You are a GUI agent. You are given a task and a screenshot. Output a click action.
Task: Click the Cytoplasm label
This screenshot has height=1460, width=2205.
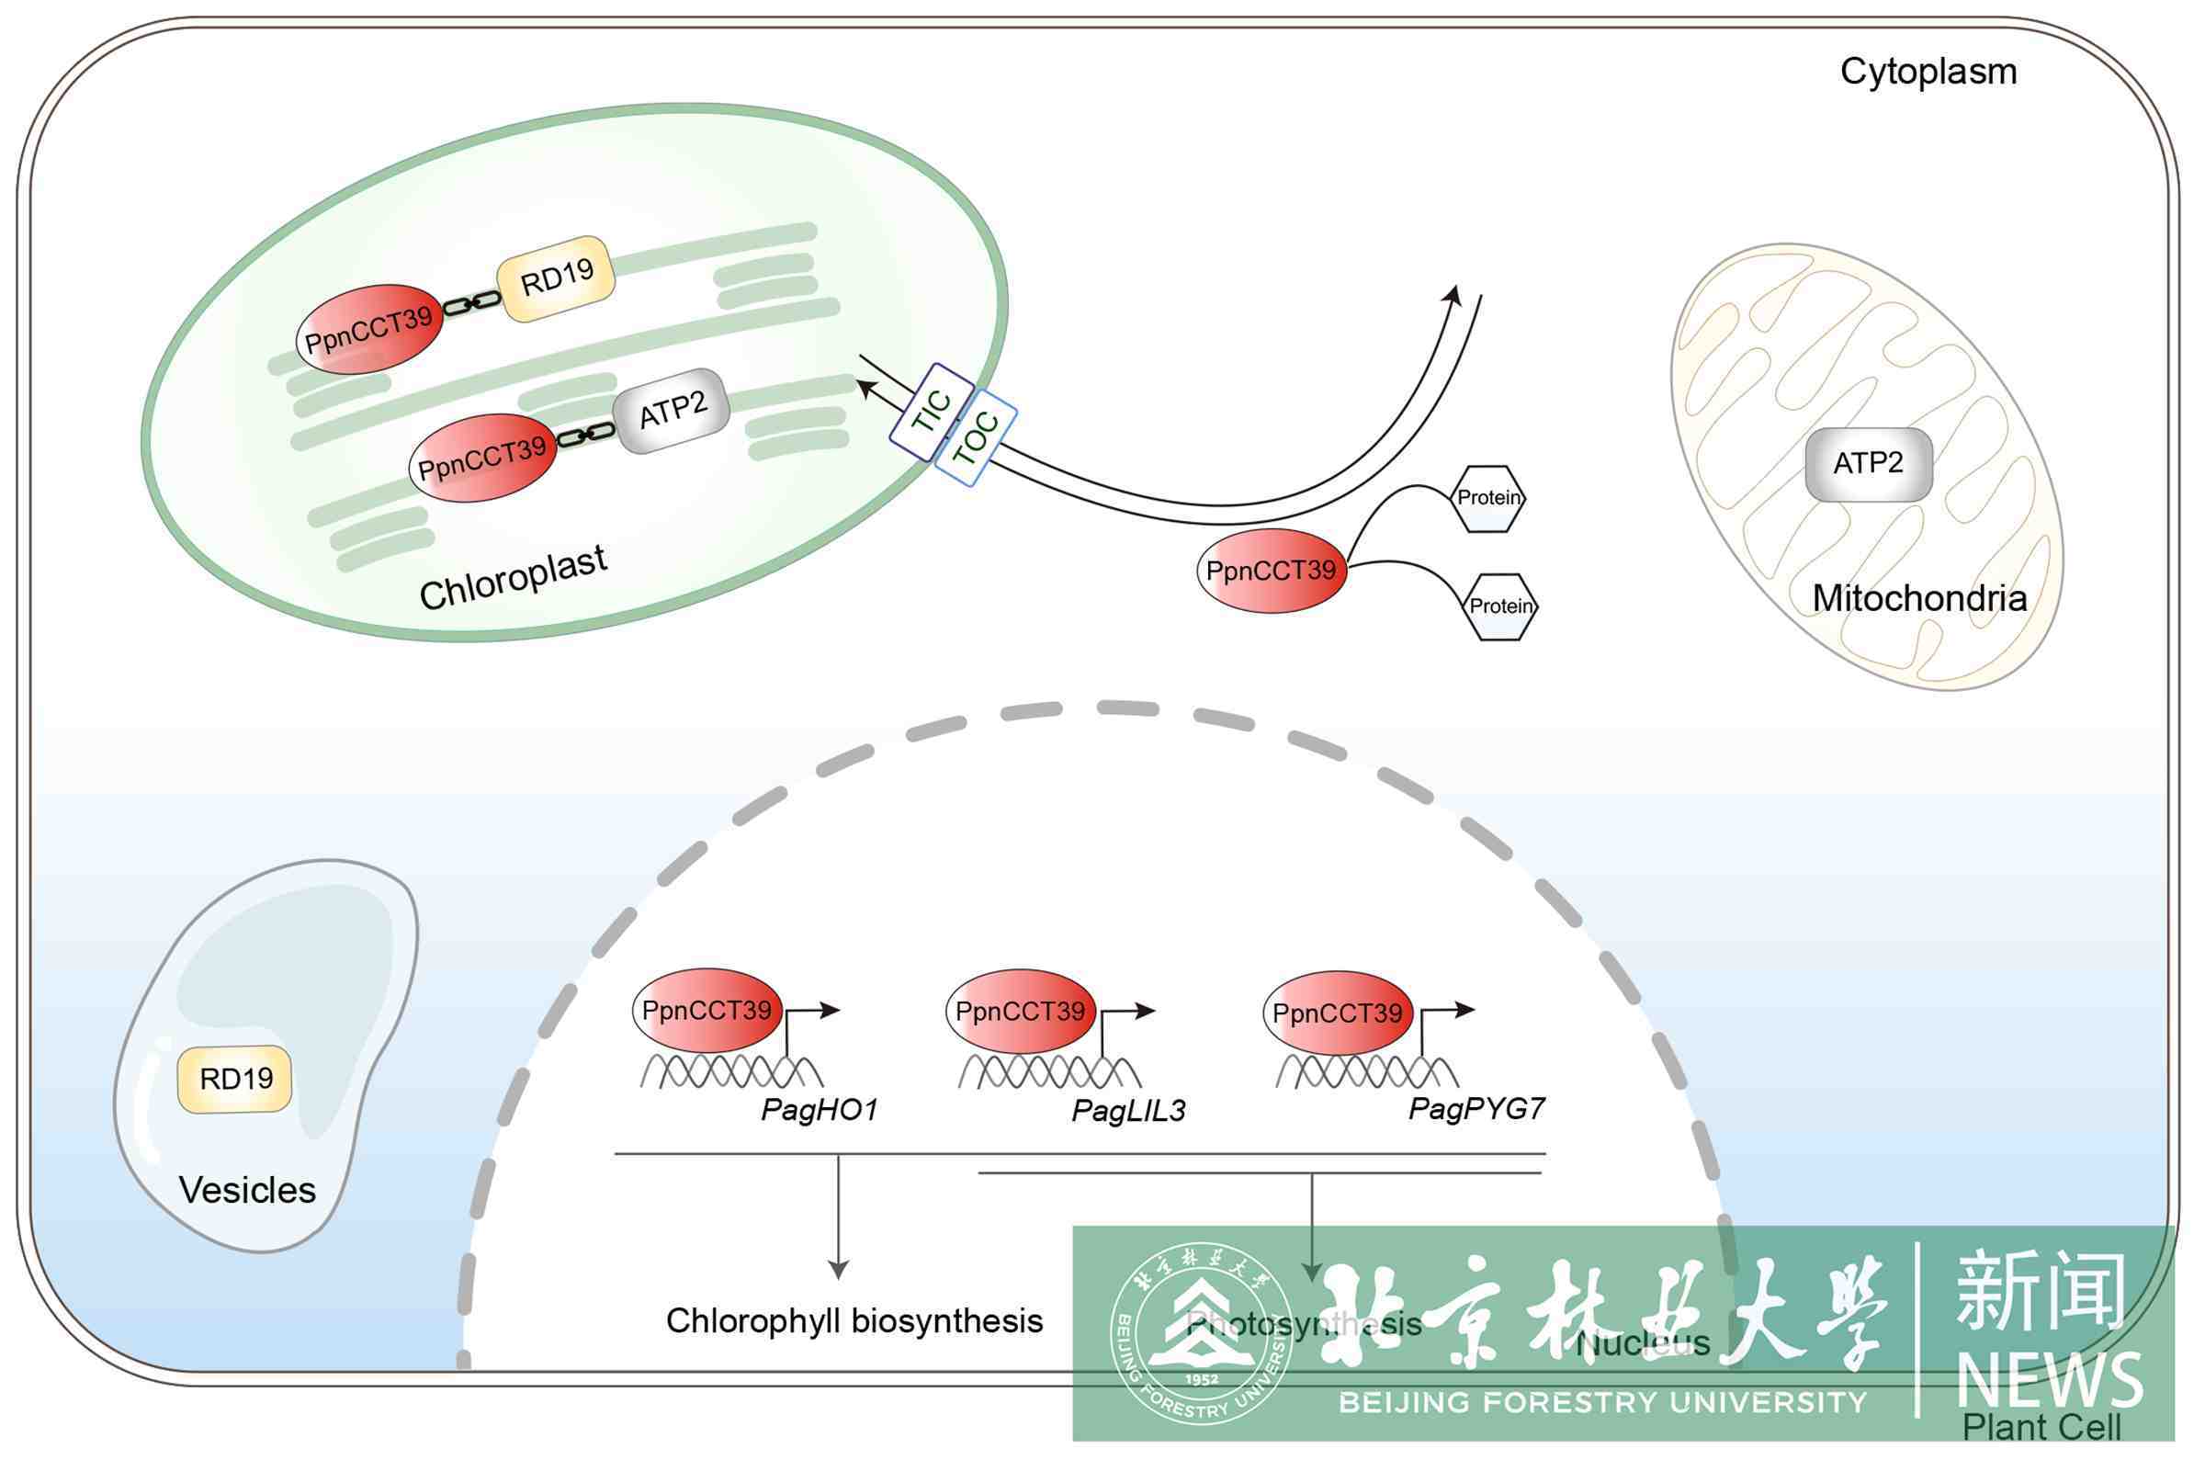[x=1928, y=72]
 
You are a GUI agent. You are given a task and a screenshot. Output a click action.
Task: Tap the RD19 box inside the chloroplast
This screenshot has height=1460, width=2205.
[x=557, y=277]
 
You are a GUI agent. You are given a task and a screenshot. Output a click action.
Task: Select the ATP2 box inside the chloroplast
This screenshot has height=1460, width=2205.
[x=672, y=411]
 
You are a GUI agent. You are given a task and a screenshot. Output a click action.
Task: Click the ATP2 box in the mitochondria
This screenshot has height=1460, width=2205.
[x=1868, y=463]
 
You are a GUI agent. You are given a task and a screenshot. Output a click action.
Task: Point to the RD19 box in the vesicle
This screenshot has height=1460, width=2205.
[x=235, y=1079]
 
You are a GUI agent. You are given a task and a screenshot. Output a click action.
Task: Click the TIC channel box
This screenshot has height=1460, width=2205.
[x=932, y=412]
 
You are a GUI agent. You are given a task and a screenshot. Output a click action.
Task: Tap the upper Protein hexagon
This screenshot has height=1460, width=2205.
[x=1488, y=498]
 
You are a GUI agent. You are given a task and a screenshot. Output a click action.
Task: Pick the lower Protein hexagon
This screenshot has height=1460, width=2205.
[x=1499, y=606]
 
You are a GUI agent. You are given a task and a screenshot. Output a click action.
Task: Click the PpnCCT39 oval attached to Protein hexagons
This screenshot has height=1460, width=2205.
[x=1272, y=570]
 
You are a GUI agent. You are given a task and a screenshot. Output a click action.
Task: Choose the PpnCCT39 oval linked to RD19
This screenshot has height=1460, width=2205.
[x=368, y=329]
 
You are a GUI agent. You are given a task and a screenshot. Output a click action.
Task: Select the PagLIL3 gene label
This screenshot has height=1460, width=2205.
[x=1129, y=1110]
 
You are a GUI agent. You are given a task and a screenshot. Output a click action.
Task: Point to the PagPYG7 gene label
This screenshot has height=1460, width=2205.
[x=1476, y=1108]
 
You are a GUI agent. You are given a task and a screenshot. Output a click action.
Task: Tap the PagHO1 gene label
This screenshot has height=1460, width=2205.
[x=820, y=1109]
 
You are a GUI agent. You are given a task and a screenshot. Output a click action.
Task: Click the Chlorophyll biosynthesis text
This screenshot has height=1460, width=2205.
[x=854, y=1320]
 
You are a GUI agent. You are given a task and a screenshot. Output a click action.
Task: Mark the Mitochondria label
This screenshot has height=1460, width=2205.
[x=1919, y=598]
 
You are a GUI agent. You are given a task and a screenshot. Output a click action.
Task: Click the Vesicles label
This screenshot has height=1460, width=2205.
[x=247, y=1190]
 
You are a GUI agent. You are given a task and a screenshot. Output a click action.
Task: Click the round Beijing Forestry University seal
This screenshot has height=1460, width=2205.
[x=1201, y=1332]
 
